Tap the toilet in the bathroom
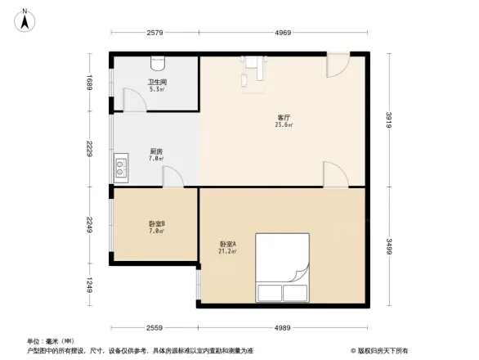(159, 63)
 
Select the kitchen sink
(121, 169)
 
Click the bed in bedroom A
(282, 268)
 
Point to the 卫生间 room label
(157, 84)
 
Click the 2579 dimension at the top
(157, 33)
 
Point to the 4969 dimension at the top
(283, 33)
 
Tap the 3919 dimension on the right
(392, 120)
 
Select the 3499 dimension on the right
(392, 245)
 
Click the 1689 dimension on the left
(92, 83)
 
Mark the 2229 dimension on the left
(92, 149)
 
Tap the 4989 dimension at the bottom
(283, 327)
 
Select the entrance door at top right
(338, 65)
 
